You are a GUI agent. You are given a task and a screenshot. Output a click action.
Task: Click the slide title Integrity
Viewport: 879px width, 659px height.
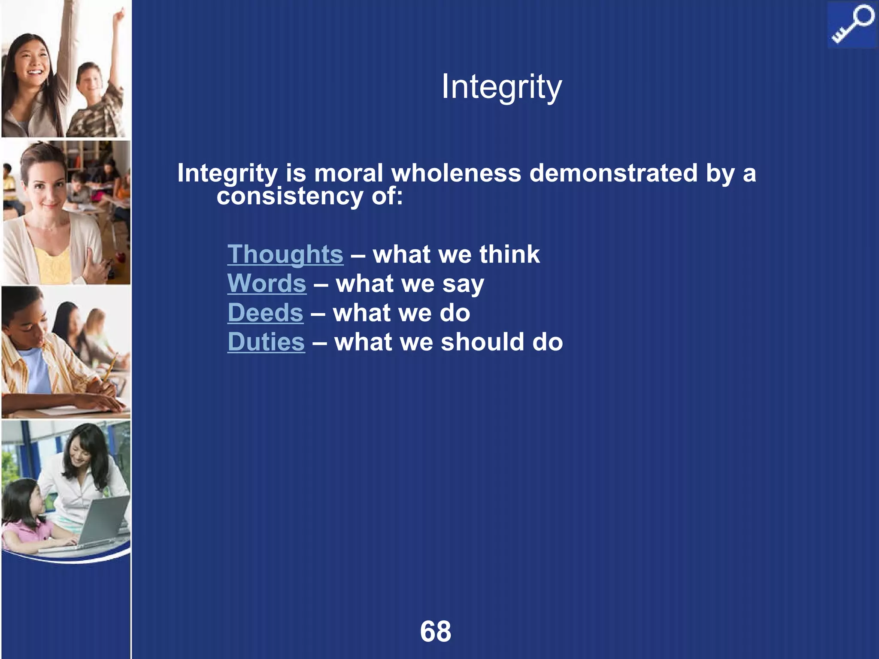(x=501, y=87)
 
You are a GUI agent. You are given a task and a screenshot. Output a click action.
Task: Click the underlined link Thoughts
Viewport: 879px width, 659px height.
(x=285, y=254)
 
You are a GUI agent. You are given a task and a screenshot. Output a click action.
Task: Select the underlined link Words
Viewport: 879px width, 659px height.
(x=267, y=284)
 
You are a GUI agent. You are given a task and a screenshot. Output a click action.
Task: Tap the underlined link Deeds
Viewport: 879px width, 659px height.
(x=265, y=313)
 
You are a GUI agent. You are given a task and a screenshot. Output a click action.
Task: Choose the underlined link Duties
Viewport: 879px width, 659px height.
(x=266, y=342)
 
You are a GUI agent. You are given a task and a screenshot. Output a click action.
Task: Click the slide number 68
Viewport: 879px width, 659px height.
(x=436, y=631)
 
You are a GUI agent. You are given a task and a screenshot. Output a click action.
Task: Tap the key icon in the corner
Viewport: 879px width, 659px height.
(x=852, y=24)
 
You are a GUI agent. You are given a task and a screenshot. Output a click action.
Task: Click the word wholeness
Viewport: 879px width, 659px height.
(x=456, y=173)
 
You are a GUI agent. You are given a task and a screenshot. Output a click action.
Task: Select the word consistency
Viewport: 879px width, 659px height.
(x=290, y=196)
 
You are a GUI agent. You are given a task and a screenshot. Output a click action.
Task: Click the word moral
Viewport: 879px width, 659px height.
(x=348, y=173)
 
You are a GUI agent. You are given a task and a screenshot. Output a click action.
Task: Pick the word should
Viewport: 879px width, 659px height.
(x=482, y=342)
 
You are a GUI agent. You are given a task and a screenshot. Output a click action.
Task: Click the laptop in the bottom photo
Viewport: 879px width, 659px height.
(x=103, y=521)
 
